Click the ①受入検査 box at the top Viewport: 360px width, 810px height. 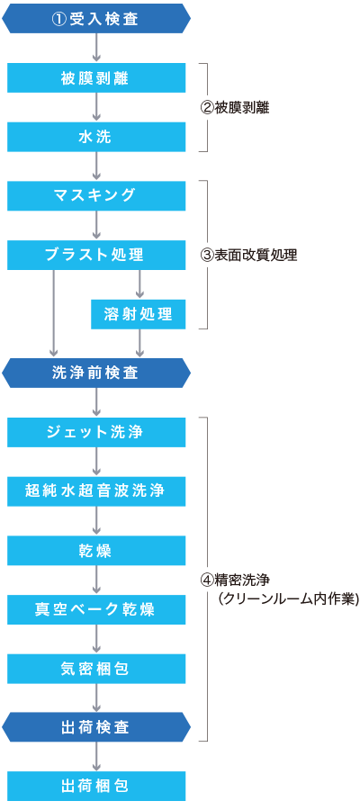click(x=96, y=19)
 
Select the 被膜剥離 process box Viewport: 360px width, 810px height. click(x=96, y=78)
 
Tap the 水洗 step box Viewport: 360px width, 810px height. click(x=96, y=137)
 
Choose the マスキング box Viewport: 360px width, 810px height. click(x=96, y=196)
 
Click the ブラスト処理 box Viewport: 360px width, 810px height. click(x=96, y=255)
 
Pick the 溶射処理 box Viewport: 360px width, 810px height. click(x=139, y=314)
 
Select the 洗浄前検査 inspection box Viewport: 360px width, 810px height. click(x=96, y=373)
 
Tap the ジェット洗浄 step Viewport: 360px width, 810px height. click(x=96, y=432)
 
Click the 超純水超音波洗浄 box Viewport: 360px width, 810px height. click(x=96, y=491)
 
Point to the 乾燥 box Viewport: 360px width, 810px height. click(x=96, y=550)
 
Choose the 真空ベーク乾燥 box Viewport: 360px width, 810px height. click(x=96, y=609)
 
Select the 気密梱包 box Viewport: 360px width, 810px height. click(x=96, y=669)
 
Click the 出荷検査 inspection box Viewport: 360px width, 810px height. click(x=96, y=727)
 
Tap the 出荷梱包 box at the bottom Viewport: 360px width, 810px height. click(x=96, y=787)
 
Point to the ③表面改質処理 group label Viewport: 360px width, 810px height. click(x=248, y=256)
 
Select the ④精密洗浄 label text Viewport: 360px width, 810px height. click(x=235, y=580)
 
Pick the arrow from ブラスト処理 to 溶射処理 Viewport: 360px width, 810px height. click(x=139, y=284)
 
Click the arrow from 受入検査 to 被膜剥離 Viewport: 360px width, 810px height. click(x=96, y=48)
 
